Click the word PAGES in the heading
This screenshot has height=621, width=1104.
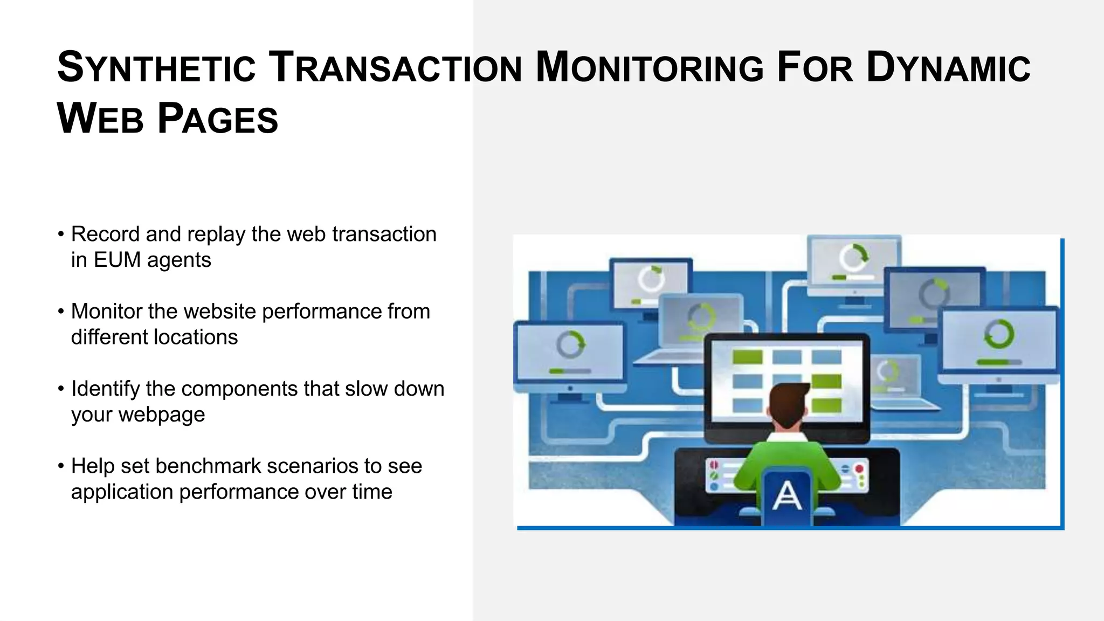coord(218,120)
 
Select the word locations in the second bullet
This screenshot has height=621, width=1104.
coord(196,337)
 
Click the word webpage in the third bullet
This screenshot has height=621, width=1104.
coord(162,415)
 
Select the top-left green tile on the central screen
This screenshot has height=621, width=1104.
coord(747,357)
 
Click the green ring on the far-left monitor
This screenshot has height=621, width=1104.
coord(570,344)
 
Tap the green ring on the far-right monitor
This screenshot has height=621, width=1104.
coord(999,334)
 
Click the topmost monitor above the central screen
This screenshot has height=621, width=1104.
coord(853,261)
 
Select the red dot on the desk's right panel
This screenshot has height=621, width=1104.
coord(859,469)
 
